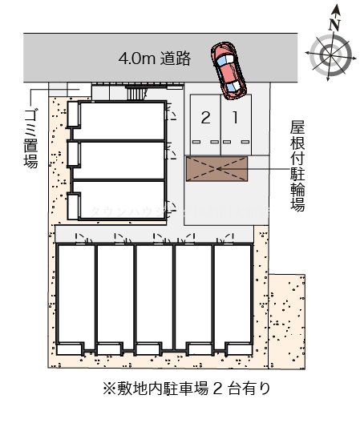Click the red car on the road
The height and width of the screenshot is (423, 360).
pos(229,70)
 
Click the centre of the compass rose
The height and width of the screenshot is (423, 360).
pos(329,54)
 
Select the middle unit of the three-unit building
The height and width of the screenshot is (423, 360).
pos(120,160)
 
